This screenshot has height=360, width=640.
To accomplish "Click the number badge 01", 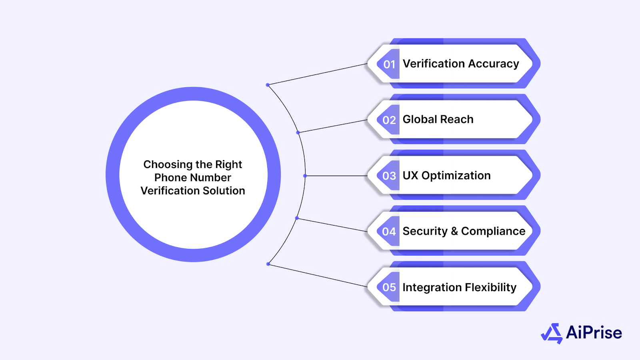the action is click(x=389, y=64).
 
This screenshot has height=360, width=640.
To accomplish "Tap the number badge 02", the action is click(x=389, y=120).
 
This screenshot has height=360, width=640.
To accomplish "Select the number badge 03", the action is click(x=389, y=176).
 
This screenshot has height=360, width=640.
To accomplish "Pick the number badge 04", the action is click(x=389, y=232).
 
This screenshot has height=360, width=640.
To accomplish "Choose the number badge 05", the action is click(x=389, y=287).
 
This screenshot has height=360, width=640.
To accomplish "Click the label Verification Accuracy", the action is click(x=460, y=64).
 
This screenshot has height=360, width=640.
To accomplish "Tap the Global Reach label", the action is click(x=438, y=120).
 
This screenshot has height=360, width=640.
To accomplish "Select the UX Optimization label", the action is click(x=446, y=176).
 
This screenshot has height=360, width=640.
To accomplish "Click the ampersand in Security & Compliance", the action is click(x=454, y=231).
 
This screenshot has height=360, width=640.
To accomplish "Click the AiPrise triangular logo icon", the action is click(x=552, y=333).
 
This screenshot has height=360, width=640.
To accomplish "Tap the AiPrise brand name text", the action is click(x=594, y=333).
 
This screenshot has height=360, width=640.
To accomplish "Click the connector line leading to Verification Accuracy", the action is click(x=318, y=74).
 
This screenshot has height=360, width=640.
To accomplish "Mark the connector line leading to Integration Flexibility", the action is click(x=318, y=275).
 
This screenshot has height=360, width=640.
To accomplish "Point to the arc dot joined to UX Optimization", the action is click(x=305, y=176).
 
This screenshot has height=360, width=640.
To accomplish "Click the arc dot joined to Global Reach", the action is click(x=298, y=132).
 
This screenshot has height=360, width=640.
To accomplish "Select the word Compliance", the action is click(x=493, y=231).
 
